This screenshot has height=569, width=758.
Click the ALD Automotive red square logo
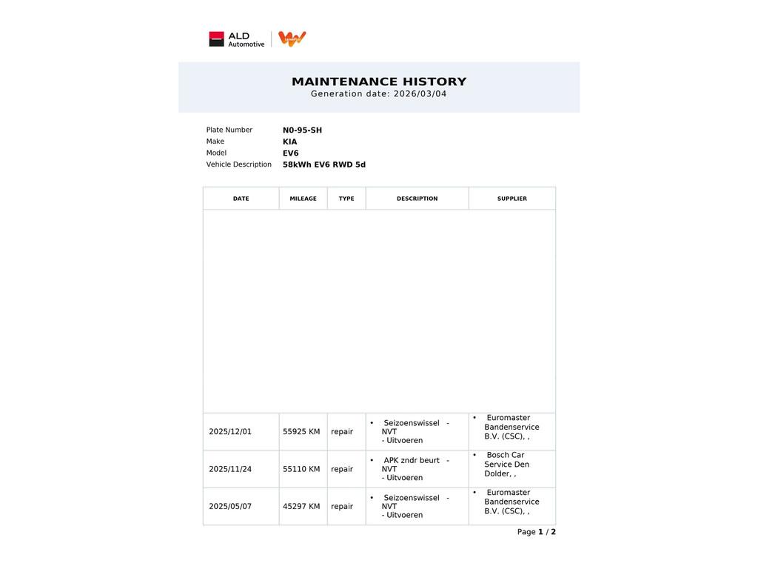[216, 39]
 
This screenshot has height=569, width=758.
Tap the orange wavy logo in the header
[292, 39]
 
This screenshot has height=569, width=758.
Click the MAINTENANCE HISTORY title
[379, 81]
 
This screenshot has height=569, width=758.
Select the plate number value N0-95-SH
[302, 130]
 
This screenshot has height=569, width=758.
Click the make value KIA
[289, 142]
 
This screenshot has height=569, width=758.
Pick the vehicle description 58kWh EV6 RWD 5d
[323, 164]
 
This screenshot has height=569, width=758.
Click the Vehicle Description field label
[238, 164]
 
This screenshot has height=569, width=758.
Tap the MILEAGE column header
[303, 199]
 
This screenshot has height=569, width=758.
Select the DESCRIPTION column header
[417, 199]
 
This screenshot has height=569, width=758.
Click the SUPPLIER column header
[512, 199]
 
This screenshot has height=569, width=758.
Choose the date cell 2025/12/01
[230, 432]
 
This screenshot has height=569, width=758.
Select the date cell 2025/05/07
[230, 507]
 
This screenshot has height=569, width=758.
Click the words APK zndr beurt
[411, 461]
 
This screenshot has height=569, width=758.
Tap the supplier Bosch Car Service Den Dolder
[507, 465]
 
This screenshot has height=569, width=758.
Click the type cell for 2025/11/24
[342, 469]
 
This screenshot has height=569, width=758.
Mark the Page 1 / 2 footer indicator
[536, 532]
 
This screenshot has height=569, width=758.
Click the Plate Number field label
[229, 130]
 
